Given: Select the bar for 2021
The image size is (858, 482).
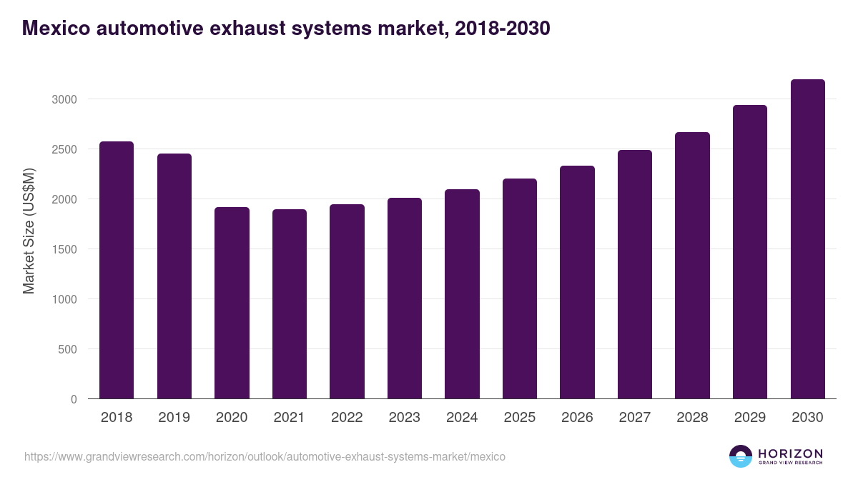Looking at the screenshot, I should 289,303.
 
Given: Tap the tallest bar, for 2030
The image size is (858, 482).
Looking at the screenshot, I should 807,239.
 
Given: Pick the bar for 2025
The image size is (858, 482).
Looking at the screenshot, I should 519,288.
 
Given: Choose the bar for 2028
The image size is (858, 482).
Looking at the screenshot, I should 692,265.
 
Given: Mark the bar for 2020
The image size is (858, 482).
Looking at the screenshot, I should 232,303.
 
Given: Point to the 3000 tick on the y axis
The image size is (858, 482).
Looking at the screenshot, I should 64,99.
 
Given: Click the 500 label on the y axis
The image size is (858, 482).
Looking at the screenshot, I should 67,349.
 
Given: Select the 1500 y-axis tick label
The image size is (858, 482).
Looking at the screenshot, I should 64,249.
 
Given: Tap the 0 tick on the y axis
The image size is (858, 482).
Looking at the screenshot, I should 74,399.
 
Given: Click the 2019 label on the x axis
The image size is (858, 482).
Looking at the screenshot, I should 174,418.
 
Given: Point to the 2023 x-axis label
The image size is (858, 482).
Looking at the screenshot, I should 404,418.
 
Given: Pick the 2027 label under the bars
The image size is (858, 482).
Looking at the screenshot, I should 634,418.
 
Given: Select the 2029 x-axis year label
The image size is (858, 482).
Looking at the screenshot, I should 749,418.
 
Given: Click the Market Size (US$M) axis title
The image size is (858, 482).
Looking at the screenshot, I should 29,231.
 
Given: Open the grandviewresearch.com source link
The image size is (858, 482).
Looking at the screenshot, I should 265,456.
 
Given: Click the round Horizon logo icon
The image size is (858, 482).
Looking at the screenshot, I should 741,456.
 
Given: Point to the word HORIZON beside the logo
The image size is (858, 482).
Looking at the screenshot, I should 790,453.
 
